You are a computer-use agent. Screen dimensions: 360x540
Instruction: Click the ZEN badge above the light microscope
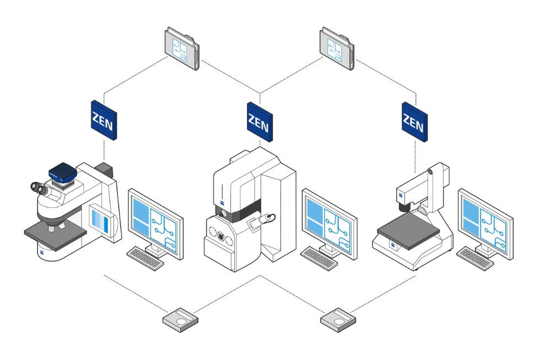pyautogui.click(x=104, y=120)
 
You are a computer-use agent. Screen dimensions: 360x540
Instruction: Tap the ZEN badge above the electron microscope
pyautogui.click(x=258, y=122)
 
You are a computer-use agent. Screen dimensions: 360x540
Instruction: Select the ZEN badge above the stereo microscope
pyautogui.click(x=414, y=122)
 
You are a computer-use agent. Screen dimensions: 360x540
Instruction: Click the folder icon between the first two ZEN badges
pyautogui.click(x=182, y=49)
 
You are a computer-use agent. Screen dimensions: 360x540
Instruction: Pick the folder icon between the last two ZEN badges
pyautogui.click(x=337, y=49)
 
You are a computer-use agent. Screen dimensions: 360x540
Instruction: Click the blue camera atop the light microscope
pyautogui.click(x=60, y=174)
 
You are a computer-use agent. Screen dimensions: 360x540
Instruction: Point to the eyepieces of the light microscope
pyautogui.click(x=40, y=189)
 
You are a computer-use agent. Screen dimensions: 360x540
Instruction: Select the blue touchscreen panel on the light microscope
pyautogui.click(x=103, y=221)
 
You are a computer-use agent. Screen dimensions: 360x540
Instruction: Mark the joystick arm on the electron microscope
pyautogui.click(x=263, y=219)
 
